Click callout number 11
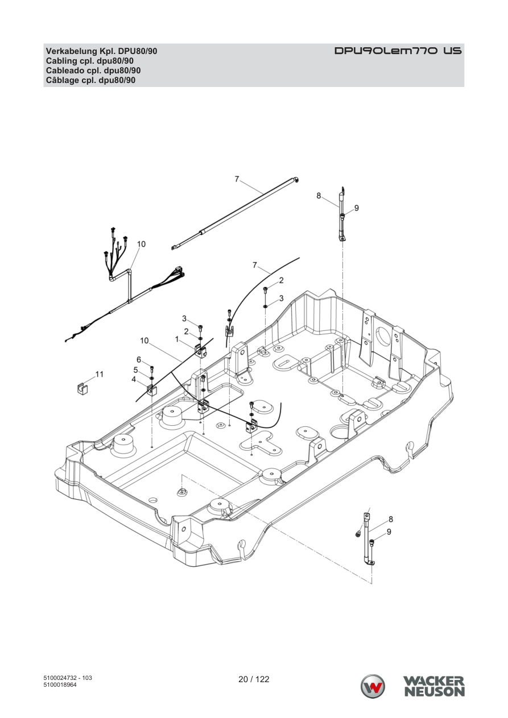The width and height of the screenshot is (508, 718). pyautogui.click(x=100, y=374)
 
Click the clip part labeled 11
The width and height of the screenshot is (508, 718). pyautogui.click(x=83, y=389)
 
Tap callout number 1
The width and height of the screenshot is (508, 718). pyautogui.click(x=177, y=339)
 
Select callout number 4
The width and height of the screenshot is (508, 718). pyautogui.click(x=134, y=379)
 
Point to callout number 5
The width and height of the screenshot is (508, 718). pyautogui.click(x=135, y=370)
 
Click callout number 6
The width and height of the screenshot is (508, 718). pyautogui.click(x=139, y=360)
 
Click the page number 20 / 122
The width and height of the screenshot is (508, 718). pyautogui.click(x=254, y=679)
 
